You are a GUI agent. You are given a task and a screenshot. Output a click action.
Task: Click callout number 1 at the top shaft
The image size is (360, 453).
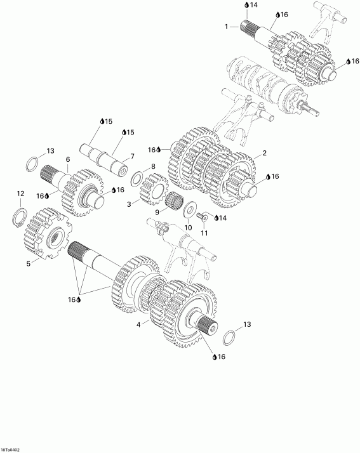click(x=226, y=27)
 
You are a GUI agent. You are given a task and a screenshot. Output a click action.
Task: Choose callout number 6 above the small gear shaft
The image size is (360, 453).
click(x=67, y=159)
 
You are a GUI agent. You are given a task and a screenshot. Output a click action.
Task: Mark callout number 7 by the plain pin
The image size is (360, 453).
click(x=132, y=156)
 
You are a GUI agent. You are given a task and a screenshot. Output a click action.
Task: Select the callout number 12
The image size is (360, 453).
click(x=20, y=193)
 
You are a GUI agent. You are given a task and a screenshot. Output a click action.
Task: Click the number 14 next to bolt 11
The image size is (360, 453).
click(x=222, y=218)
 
